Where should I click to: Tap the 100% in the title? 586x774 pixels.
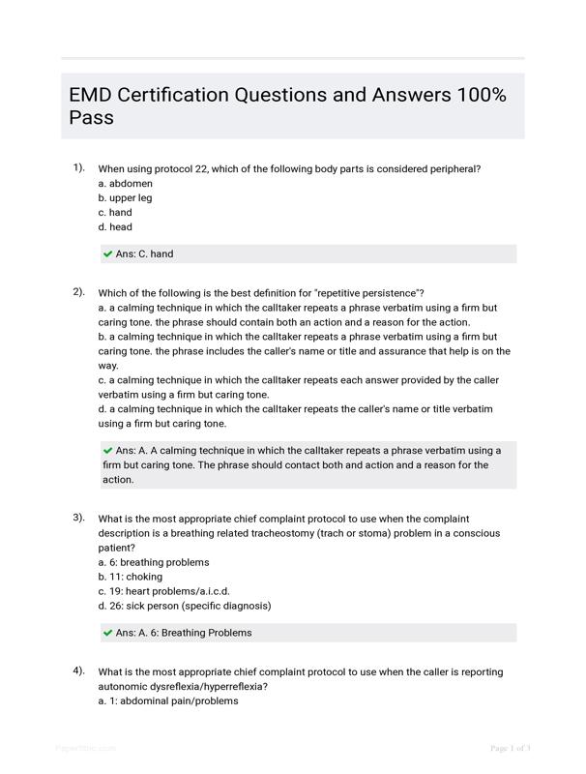[480, 95]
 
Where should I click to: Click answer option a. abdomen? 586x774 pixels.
[125, 183]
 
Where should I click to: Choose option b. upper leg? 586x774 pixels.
[125, 197]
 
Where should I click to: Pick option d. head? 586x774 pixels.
[115, 227]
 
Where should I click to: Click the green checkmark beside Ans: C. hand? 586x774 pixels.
[108, 254]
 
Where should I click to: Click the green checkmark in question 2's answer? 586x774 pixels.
[108, 451]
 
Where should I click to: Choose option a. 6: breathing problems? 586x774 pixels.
[154, 562]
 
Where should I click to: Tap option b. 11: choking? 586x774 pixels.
[131, 577]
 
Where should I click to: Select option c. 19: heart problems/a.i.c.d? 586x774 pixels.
[163, 591]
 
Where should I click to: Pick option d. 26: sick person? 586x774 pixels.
[184, 606]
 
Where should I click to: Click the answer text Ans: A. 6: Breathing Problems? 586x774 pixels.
[184, 633]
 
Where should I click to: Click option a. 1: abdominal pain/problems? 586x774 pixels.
[167, 700]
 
